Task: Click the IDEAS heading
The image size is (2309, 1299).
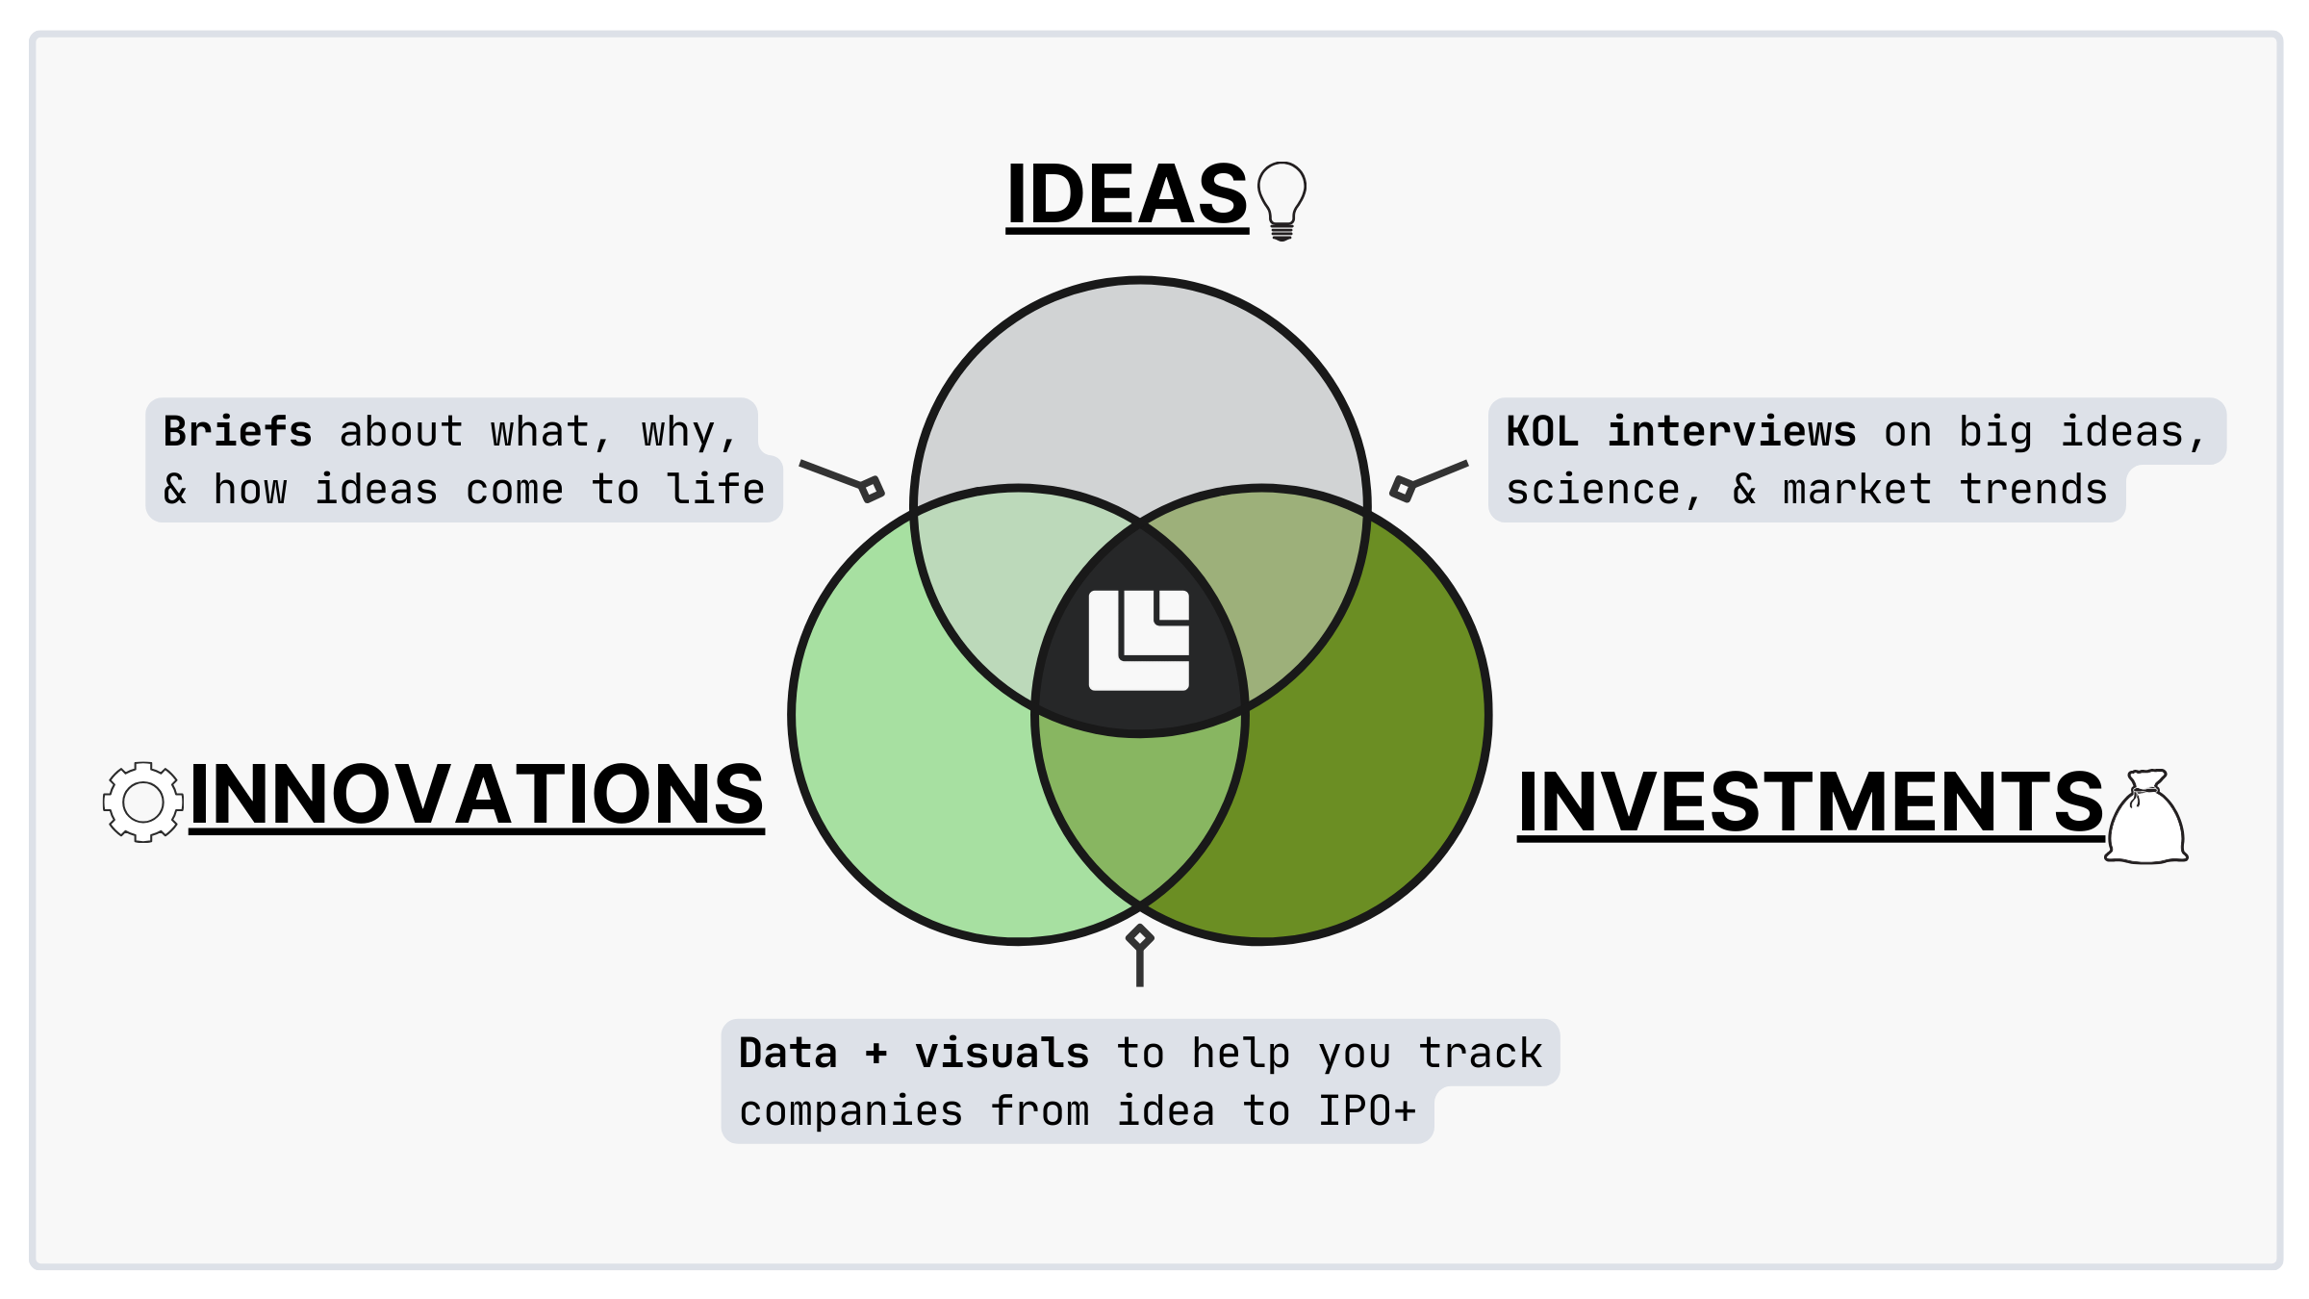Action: click(1127, 194)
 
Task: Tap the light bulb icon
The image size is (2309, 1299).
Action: click(1281, 199)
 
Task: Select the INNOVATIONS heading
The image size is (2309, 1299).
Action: click(476, 795)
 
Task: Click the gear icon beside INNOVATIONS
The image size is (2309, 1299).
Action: click(143, 802)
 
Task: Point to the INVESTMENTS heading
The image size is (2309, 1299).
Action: click(1811, 802)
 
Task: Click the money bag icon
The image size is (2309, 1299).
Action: click(2146, 818)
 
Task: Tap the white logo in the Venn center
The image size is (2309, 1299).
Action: click(1139, 640)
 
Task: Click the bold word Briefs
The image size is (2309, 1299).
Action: click(238, 432)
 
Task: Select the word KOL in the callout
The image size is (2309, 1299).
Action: click(1542, 432)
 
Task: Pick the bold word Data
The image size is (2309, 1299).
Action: click(788, 1054)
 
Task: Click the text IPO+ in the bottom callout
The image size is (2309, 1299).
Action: click(1367, 1111)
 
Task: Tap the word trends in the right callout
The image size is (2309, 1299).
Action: click(2034, 490)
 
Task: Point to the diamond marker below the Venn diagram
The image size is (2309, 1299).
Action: click(1140, 937)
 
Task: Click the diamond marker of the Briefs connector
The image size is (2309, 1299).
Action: click(872, 489)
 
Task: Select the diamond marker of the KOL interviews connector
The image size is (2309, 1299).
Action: click(1403, 489)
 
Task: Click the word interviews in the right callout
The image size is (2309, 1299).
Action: click(1732, 432)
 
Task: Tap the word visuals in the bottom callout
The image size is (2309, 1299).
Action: click(1002, 1054)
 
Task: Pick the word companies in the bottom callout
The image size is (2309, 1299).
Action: click(850, 1111)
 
